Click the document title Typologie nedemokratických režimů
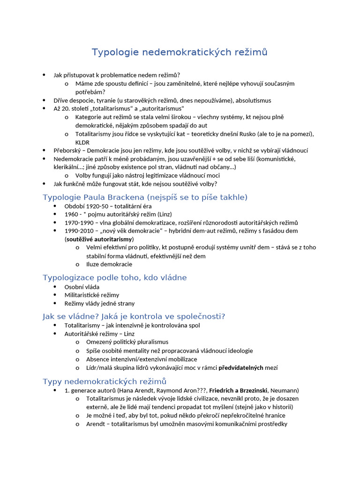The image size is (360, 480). point(180,52)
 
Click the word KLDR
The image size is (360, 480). point(82,142)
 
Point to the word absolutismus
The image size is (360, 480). point(253,100)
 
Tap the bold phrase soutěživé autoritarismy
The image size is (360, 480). point(99,239)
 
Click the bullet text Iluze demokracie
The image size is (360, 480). point(103,264)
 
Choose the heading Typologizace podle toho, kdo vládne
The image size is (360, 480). point(115,277)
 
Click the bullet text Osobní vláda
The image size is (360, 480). point(82,287)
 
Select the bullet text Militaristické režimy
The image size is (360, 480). point(92,295)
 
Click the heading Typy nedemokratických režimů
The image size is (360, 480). point(105,381)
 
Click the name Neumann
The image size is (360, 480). point(285,390)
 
